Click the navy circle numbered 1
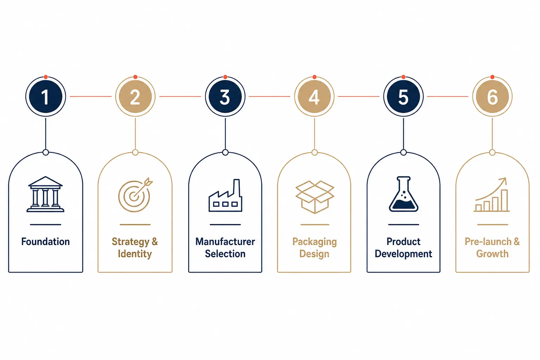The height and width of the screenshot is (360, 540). click(x=46, y=96)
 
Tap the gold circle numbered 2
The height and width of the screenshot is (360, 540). click(x=135, y=96)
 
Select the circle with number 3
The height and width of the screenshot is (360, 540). click(x=225, y=96)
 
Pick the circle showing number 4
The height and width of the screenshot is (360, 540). click(x=314, y=96)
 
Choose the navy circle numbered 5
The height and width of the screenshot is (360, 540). click(x=403, y=96)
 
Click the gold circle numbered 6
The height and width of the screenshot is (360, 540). click(x=492, y=96)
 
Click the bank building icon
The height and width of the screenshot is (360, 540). click(x=45, y=194)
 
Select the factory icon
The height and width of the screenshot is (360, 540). click(x=225, y=195)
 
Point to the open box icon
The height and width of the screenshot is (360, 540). click(x=315, y=197)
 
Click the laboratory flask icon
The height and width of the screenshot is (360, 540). click(x=403, y=194)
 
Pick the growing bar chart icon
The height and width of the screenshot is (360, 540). click(x=491, y=195)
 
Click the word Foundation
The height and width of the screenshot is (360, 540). click(x=46, y=242)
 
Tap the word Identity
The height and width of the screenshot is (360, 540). click(x=135, y=254)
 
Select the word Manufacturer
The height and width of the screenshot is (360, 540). click(x=225, y=242)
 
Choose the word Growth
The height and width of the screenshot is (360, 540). click(x=492, y=254)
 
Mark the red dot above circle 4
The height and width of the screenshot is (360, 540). click(x=314, y=77)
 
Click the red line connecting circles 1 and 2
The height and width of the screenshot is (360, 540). click(x=91, y=96)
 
